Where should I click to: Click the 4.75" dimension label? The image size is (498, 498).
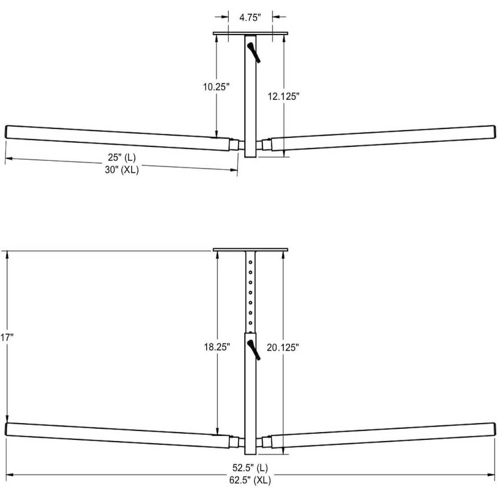tap(250, 17)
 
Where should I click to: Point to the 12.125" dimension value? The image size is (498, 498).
tap(283, 96)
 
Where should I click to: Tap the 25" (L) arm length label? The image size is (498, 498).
tap(121, 157)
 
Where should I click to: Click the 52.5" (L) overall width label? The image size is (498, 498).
tap(250, 468)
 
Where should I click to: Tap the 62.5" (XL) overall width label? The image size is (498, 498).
tap(250, 481)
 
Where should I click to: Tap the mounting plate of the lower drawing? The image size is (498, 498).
tap(250, 249)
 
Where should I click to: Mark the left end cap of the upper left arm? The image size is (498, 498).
tap(7, 132)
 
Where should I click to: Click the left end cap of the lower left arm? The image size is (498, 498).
tap(7, 428)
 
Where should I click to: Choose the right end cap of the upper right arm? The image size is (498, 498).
tap(494, 132)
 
